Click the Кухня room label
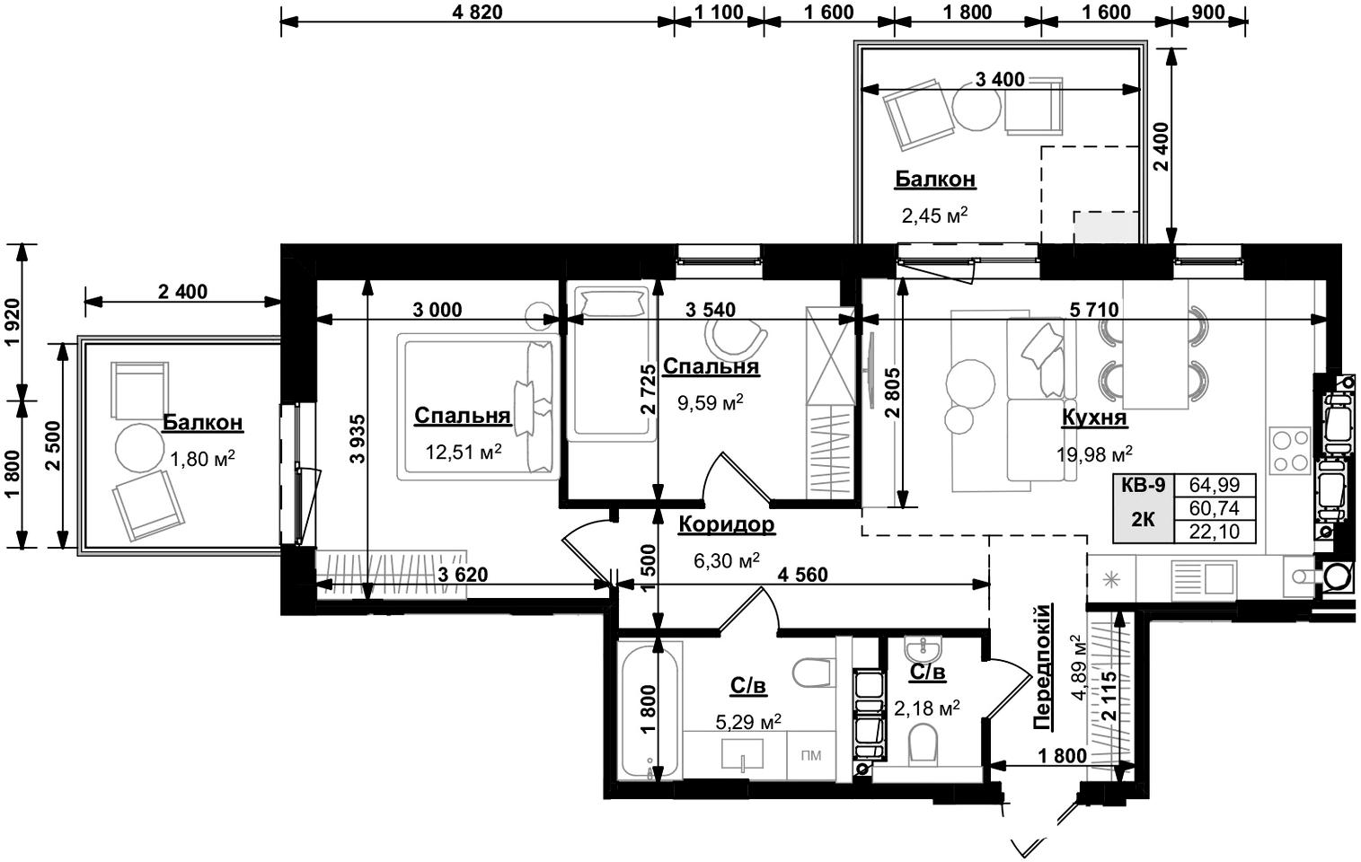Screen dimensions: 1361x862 click(1093, 418)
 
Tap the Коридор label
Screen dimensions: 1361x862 click(726, 525)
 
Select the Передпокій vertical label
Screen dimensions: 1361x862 click(1042, 666)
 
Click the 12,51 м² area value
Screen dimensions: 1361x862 click(463, 452)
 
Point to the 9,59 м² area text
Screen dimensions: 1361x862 click(710, 402)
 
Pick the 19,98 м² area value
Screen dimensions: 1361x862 click(1094, 453)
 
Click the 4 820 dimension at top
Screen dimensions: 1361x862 click(478, 13)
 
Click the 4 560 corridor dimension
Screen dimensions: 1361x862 click(802, 574)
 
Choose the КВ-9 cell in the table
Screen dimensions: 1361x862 click(1143, 485)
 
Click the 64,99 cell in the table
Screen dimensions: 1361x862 click(1214, 485)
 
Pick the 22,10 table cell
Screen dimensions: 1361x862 click(1214, 532)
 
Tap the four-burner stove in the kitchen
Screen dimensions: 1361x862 click(1289, 450)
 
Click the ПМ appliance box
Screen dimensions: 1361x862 click(811, 756)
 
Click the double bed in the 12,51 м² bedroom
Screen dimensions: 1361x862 click(478, 407)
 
